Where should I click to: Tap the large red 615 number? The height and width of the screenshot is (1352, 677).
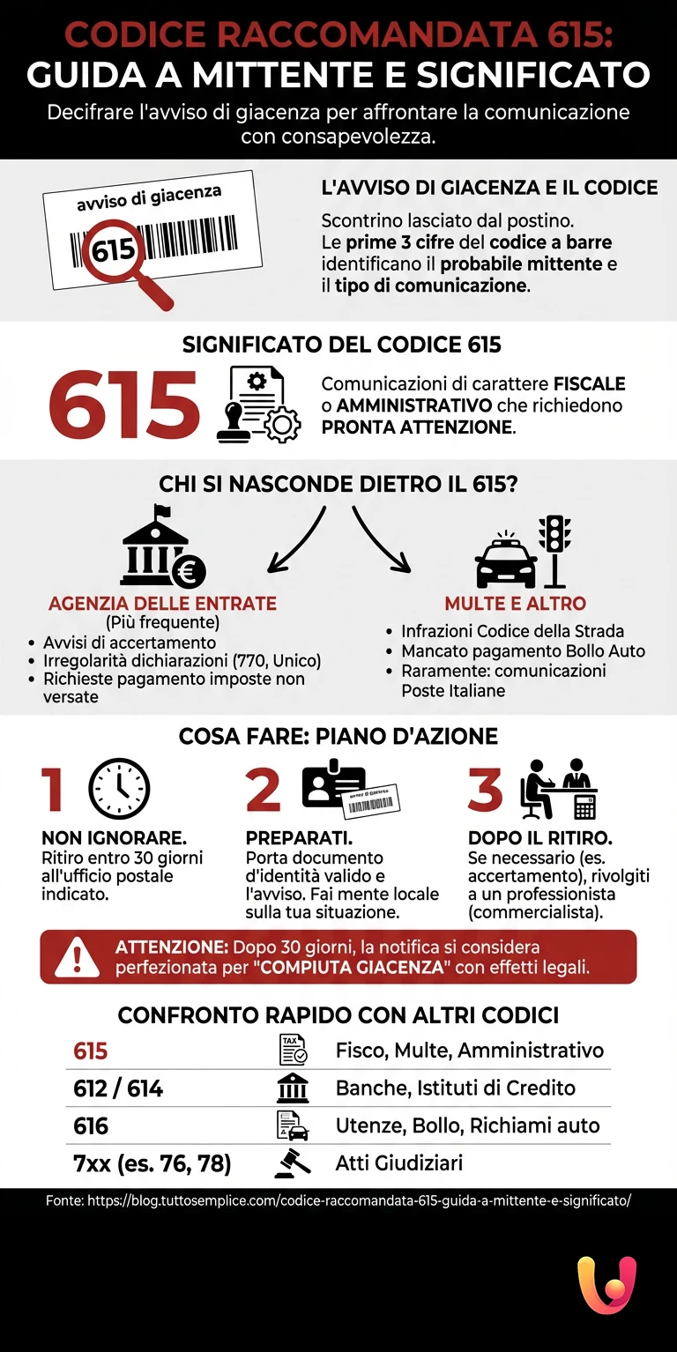(124, 405)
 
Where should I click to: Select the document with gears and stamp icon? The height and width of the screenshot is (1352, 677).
(258, 405)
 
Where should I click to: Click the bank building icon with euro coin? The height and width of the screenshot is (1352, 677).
(161, 548)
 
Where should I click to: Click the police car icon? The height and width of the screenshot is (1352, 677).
(506, 561)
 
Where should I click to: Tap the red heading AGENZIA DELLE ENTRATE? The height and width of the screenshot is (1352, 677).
(162, 604)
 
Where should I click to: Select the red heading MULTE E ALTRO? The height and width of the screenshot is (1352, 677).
(515, 604)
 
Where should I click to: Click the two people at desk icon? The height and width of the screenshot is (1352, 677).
(557, 788)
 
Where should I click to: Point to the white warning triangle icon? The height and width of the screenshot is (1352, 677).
(78, 957)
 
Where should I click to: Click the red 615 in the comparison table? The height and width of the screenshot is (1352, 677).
(91, 1051)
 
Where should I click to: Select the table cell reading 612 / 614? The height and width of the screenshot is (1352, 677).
(118, 1088)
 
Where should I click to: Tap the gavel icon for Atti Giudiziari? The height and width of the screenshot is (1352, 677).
(293, 1163)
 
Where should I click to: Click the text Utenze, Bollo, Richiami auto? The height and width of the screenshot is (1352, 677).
(467, 1125)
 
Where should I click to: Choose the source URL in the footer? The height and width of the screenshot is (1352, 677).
(338, 1200)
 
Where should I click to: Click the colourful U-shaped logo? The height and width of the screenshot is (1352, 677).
(606, 1285)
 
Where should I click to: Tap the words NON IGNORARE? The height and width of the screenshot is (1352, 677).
(115, 837)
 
